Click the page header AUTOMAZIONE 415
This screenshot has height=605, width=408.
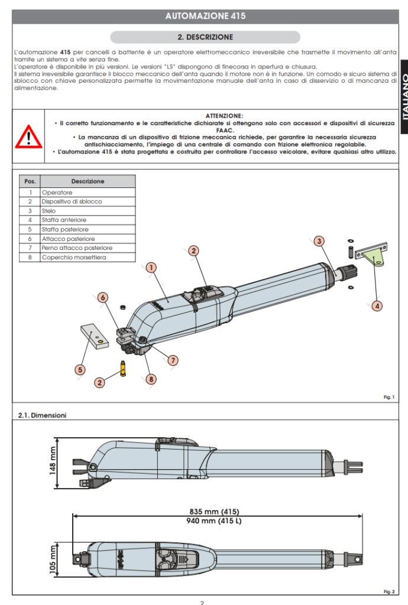205,16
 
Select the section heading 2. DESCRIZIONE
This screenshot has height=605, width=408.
205,37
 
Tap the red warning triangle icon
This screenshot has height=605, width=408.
28,137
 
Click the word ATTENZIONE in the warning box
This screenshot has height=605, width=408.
224,115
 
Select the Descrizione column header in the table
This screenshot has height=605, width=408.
88,181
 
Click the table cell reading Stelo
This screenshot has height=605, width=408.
49,211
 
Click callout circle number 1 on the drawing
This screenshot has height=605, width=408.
151,268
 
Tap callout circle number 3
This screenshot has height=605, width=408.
319,241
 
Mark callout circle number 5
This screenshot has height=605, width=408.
80,369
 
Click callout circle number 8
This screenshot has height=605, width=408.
151,379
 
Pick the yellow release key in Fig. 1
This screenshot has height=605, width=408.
124,367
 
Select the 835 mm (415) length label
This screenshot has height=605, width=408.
214,512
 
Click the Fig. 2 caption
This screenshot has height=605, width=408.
388,591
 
